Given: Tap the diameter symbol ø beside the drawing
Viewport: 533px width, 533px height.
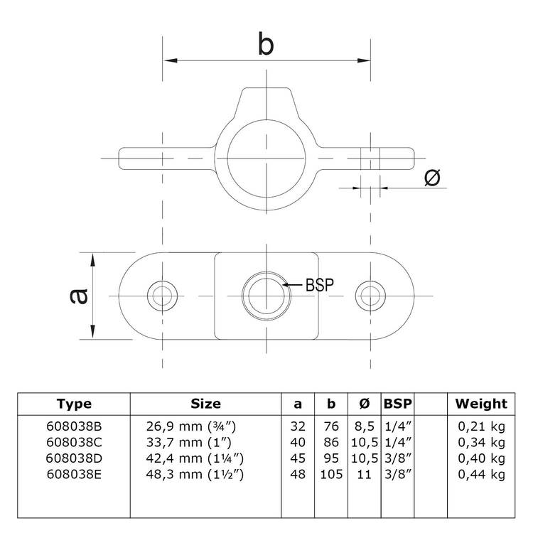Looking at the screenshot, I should (x=432, y=178).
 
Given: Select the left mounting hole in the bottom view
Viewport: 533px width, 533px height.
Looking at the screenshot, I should (x=162, y=294).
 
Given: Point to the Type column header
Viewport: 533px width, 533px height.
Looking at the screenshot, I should (x=74, y=404).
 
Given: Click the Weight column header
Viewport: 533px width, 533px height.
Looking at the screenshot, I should (x=481, y=404).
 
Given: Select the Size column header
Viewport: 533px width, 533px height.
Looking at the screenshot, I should (x=205, y=404).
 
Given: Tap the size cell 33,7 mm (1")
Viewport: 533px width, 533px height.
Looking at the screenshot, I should (x=195, y=442).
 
